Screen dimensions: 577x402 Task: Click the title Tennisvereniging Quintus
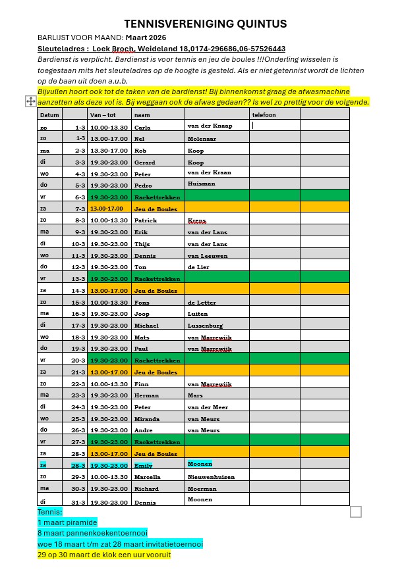click(205, 24)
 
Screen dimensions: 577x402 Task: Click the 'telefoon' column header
click(264, 115)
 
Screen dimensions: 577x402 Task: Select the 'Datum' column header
click(49, 115)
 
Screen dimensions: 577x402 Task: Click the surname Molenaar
click(202, 139)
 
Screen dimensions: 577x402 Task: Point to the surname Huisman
click(201, 184)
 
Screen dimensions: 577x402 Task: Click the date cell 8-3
click(80, 220)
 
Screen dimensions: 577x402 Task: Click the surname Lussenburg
click(205, 326)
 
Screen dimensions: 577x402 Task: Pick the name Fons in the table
click(141, 303)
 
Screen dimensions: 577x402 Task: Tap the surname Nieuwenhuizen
click(211, 477)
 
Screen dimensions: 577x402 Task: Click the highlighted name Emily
click(143, 465)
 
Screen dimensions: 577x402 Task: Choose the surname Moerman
click(202, 489)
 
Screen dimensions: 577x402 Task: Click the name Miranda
click(146, 419)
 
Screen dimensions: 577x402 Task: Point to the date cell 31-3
click(78, 503)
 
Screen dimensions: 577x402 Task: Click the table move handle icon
click(30, 101)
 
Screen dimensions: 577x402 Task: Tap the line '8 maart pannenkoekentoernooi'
click(92, 533)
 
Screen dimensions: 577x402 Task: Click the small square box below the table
click(356, 511)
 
